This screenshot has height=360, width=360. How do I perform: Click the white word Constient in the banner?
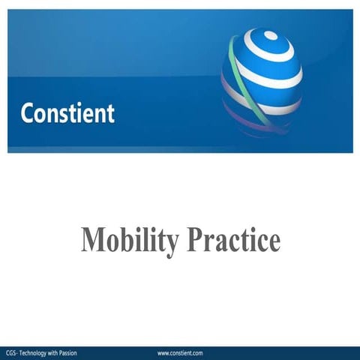[x=67, y=113]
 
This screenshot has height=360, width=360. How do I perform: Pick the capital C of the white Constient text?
[x=28, y=113]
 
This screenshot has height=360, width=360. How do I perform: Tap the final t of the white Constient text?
[x=111, y=113]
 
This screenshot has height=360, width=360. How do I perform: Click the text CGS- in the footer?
[x=12, y=352]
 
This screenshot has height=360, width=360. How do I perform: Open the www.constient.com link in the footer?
[x=181, y=352]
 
